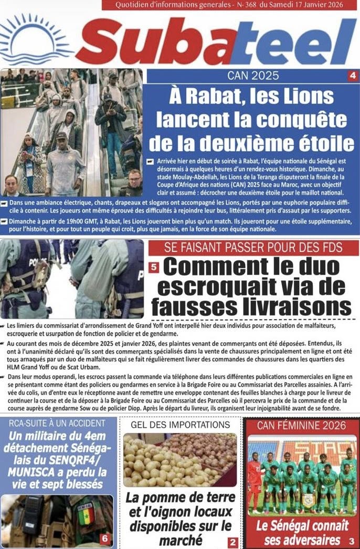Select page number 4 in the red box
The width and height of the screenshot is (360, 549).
tap(352, 76)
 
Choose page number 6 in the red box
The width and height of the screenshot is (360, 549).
tap(104, 539)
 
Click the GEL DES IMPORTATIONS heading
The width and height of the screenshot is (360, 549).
tap(180, 424)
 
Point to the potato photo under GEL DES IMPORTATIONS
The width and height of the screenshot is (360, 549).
tap(180, 459)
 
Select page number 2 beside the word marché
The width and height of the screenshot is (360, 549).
tap(232, 543)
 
